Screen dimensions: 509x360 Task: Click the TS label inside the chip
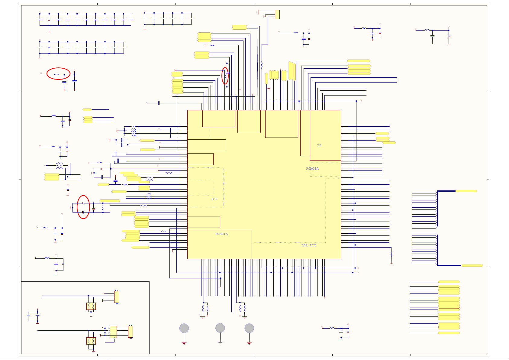(319, 145)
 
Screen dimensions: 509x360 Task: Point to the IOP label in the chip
(214, 199)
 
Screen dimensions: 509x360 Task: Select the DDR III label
(308, 245)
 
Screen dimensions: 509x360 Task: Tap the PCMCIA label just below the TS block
(312, 169)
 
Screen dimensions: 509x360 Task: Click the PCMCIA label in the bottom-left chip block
(221, 234)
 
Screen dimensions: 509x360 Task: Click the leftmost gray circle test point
(184, 328)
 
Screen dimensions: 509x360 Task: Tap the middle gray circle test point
(220, 328)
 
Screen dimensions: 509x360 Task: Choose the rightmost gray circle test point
(249, 328)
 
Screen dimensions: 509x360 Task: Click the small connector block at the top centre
(277, 14)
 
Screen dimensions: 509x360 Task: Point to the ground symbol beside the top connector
(258, 12)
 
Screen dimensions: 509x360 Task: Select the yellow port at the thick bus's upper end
(466, 191)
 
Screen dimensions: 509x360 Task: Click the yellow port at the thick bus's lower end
(472, 265)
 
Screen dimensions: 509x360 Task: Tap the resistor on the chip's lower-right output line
(391, 254)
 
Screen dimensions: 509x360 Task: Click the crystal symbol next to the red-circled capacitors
(94, 209)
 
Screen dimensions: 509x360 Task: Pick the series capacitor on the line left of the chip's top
(159, 103)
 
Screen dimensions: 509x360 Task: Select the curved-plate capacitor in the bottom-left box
(37, 316)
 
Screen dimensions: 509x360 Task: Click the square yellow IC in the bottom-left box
(113, 332)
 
